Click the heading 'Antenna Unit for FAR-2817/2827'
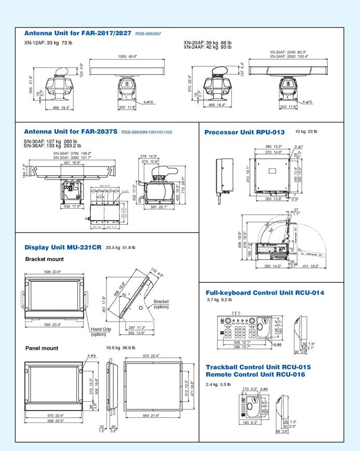[x=78, y=33]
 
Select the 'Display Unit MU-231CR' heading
[x=63, y=248]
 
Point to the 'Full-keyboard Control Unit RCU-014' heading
[x=265, y=293]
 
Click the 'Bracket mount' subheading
[x=45, y=258]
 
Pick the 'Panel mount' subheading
[x=42, y=348]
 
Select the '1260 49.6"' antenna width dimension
[x=127, y=56]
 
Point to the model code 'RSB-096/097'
[x=148, y=34]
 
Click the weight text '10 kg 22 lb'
[x=306, y=132]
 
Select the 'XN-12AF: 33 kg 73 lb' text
[x=48, y=42]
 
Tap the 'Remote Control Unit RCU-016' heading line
[x=255, y=374]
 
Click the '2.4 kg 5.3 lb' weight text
[x=218, y=385]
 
